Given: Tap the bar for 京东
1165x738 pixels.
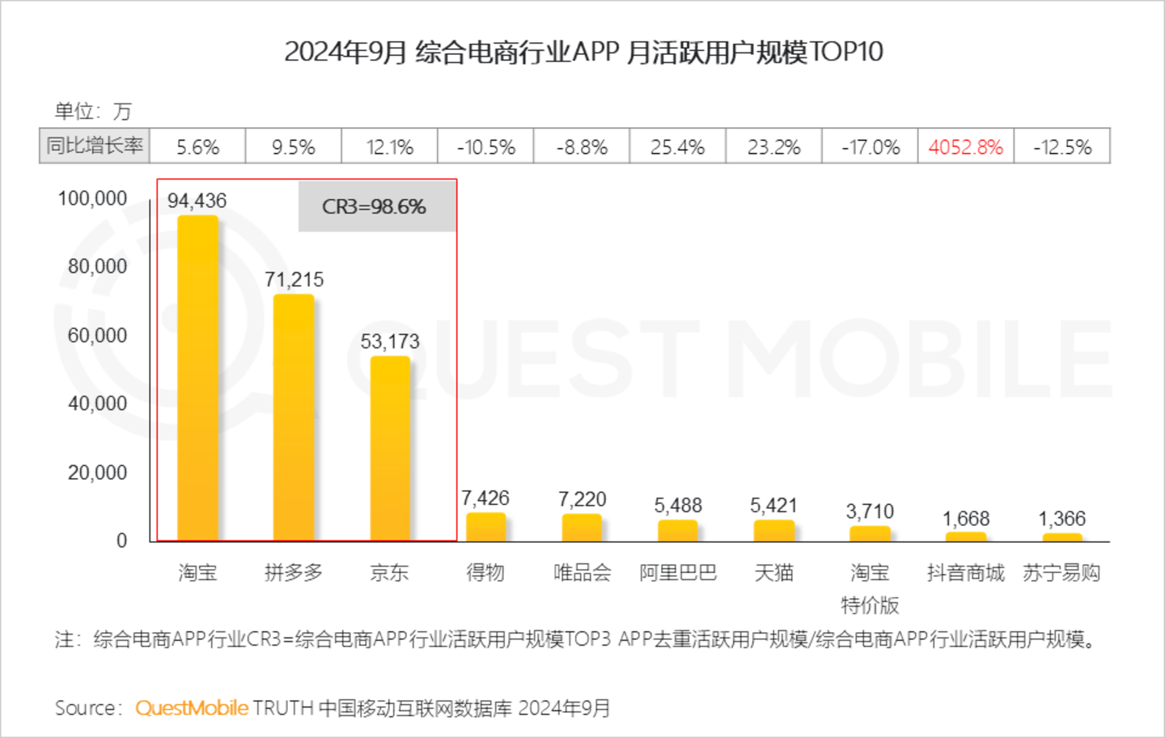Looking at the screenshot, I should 390,448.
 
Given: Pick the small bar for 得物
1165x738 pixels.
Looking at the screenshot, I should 485,527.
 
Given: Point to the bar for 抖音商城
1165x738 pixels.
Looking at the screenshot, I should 966,537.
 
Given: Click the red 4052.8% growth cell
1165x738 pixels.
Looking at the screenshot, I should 965,147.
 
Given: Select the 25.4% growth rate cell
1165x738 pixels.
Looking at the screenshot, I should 677,147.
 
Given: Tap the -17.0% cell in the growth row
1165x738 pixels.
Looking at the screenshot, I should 870,147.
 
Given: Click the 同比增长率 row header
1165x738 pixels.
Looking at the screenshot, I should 95,146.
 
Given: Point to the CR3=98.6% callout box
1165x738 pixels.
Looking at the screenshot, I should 375,207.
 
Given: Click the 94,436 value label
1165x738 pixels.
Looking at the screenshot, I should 197,201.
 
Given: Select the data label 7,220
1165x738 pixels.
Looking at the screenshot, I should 582,499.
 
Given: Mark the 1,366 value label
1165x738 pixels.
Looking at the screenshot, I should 1061,519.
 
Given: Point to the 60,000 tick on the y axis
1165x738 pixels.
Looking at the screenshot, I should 97,335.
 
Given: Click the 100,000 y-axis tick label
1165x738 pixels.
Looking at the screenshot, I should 92,198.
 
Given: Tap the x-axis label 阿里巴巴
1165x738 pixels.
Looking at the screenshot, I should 678,573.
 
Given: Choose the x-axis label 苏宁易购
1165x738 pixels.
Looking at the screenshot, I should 1061,573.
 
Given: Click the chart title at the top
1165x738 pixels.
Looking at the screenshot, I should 582,52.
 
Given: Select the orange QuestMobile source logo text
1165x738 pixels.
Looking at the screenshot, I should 192,708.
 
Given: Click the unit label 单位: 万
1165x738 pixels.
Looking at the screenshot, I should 92,111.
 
